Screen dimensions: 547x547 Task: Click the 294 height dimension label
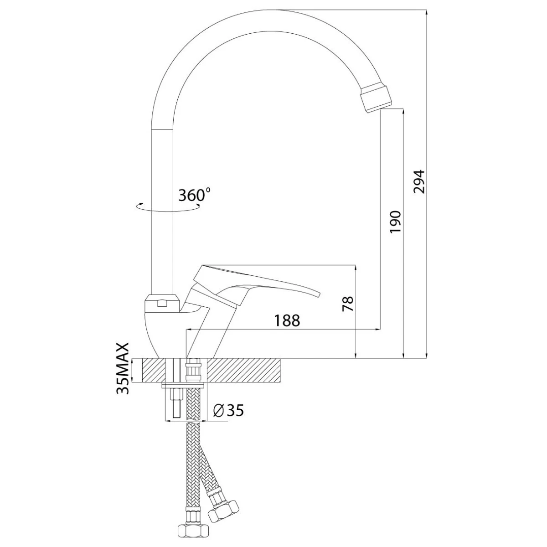pyautogui.click(x=419, y=182)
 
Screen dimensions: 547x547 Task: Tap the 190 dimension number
pyautogui.click(x=395, y=222)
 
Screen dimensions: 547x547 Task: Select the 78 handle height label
pyautogui.click(x=348, y=304)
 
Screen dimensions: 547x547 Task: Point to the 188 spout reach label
pyautogui.click(x=287, y=320)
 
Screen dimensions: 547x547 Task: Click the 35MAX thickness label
pyautogui.click(x=123, y=368)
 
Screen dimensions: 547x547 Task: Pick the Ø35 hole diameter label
pyautogui.click(x=228, y=410)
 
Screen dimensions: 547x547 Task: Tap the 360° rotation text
pyautogui.click(x=195, y=195)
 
